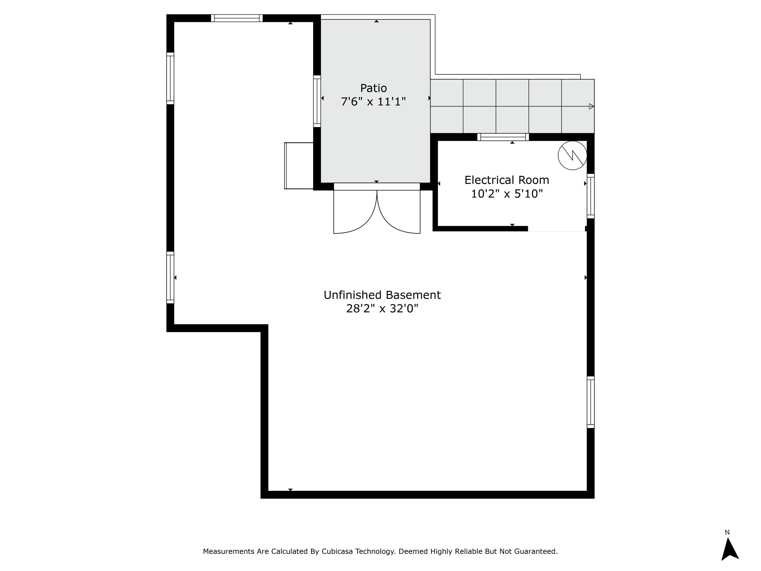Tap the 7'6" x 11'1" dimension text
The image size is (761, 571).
(373, 102)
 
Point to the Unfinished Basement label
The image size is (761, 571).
(382, 295)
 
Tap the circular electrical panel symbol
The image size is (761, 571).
(572, 156)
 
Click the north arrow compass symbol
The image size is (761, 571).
(730, 550)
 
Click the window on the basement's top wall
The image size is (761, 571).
(237, 18)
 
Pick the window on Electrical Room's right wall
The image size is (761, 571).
(590, 196)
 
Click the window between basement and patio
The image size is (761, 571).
(317, 101)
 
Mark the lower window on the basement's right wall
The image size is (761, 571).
(590, 402)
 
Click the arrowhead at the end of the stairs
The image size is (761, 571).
(591, 106)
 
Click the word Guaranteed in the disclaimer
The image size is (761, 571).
(536, 551)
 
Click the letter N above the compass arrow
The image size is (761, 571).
(727, 532)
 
